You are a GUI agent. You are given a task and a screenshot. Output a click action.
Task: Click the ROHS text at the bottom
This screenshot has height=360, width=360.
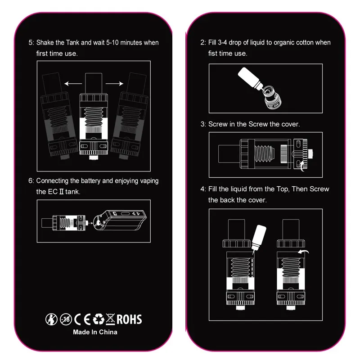129,319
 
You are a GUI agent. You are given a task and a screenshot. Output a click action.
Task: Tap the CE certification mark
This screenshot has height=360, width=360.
82,319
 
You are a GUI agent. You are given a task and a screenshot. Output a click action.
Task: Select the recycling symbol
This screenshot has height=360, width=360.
99,319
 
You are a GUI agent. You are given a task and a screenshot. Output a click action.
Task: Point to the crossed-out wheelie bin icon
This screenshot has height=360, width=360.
110,319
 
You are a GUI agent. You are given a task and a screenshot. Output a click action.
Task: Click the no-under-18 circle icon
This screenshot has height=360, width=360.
66,319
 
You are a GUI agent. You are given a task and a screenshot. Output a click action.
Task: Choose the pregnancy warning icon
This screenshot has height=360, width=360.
51,319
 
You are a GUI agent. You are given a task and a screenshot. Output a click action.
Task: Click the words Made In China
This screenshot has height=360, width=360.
95,332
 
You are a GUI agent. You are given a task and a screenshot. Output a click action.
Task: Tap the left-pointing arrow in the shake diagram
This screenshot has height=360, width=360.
73,84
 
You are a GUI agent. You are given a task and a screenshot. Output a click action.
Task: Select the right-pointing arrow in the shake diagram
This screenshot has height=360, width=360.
114,84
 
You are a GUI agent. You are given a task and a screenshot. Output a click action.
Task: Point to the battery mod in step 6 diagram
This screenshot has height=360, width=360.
120,220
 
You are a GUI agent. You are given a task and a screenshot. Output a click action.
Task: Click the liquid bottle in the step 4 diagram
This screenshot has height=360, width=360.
258,239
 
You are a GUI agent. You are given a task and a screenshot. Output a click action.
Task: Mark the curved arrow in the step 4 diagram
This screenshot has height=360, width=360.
303,252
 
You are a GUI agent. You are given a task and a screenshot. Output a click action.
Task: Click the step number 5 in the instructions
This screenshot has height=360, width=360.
31,43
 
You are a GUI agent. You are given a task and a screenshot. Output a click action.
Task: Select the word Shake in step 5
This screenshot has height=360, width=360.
45,43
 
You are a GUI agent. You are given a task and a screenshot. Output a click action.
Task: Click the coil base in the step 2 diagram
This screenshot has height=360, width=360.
273,97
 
